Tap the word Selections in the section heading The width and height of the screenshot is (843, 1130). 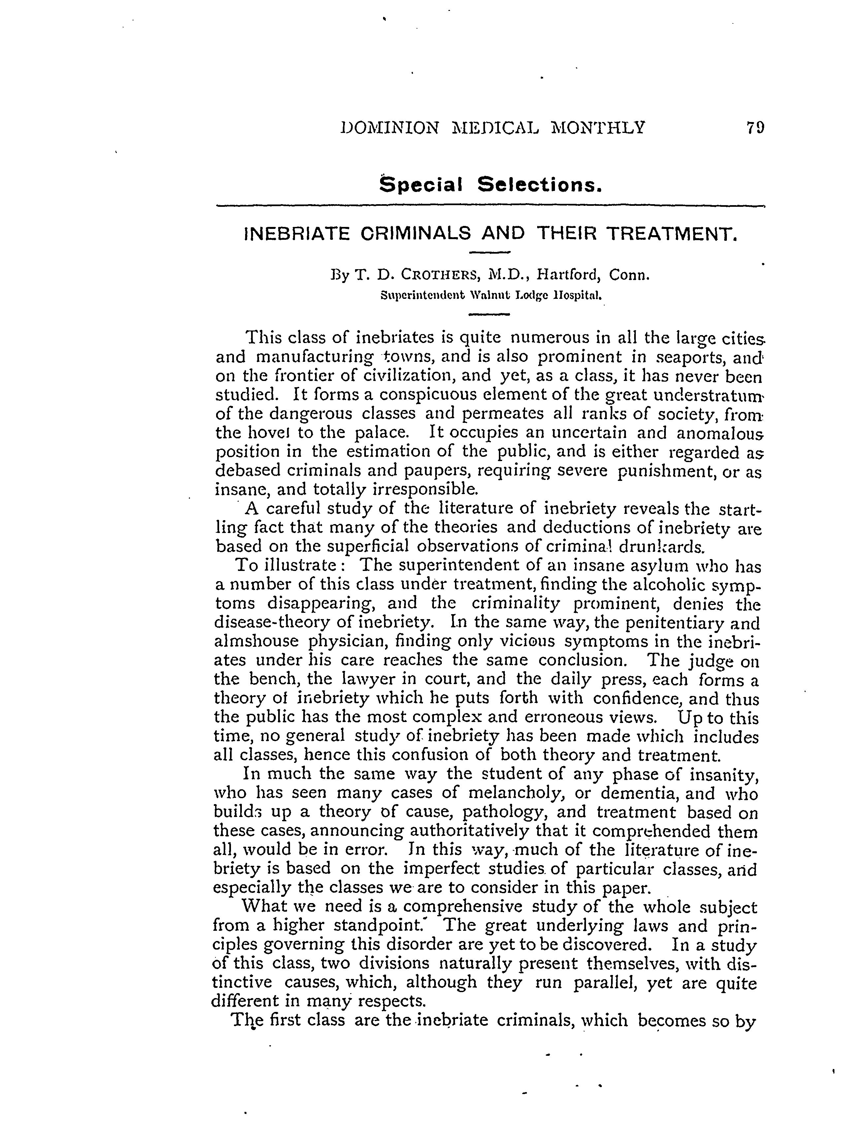coord(540,185)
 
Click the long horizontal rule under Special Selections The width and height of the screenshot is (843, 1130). coord(490,206)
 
